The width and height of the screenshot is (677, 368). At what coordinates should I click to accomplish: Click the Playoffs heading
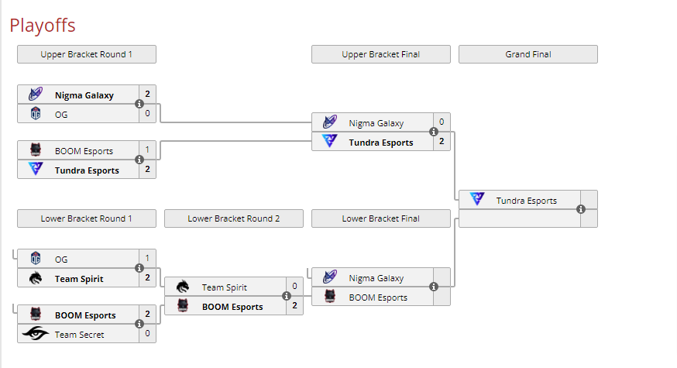tap(43, 26)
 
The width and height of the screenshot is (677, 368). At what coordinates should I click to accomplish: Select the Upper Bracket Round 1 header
tap(87, 54)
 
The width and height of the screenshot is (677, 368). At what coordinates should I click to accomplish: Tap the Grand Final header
tap(528, 54)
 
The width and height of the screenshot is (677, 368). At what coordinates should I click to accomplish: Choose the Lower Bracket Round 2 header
tap(234, 218)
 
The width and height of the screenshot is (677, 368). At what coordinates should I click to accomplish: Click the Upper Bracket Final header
tap(381, 54)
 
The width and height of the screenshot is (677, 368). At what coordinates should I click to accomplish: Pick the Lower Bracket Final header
tap(381, 218)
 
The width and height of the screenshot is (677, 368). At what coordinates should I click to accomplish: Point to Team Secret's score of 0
tap(147, 335)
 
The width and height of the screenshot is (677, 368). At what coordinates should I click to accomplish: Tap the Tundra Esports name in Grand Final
tap(527, 201)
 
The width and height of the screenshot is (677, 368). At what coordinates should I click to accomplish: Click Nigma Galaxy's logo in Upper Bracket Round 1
tap(36, 95)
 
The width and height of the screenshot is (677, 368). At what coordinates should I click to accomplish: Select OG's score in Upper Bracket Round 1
tap(147, 114)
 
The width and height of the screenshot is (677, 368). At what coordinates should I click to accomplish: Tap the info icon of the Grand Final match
tap(581, 209)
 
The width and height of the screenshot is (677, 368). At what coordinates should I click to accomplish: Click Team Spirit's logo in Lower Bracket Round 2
tap(183, 287)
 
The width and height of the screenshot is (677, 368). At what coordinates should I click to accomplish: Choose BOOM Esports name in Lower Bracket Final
tap(378, 297)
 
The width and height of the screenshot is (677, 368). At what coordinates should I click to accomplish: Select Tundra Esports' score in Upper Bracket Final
tap(442, 142)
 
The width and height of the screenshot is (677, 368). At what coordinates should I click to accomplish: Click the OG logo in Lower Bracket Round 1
tap(36, 259)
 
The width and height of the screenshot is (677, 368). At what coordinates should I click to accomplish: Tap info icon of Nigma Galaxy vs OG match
tap(139, 104)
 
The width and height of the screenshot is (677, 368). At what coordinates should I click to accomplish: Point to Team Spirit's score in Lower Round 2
tap(294, 287)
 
